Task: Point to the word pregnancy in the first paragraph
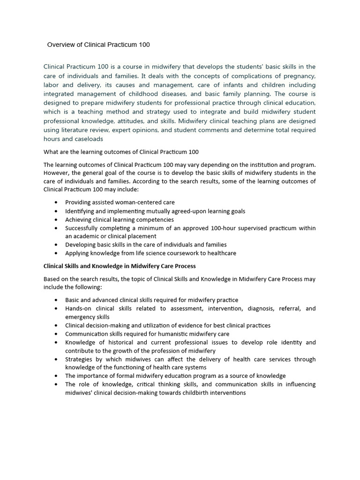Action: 299,76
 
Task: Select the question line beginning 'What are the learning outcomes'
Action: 121,152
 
